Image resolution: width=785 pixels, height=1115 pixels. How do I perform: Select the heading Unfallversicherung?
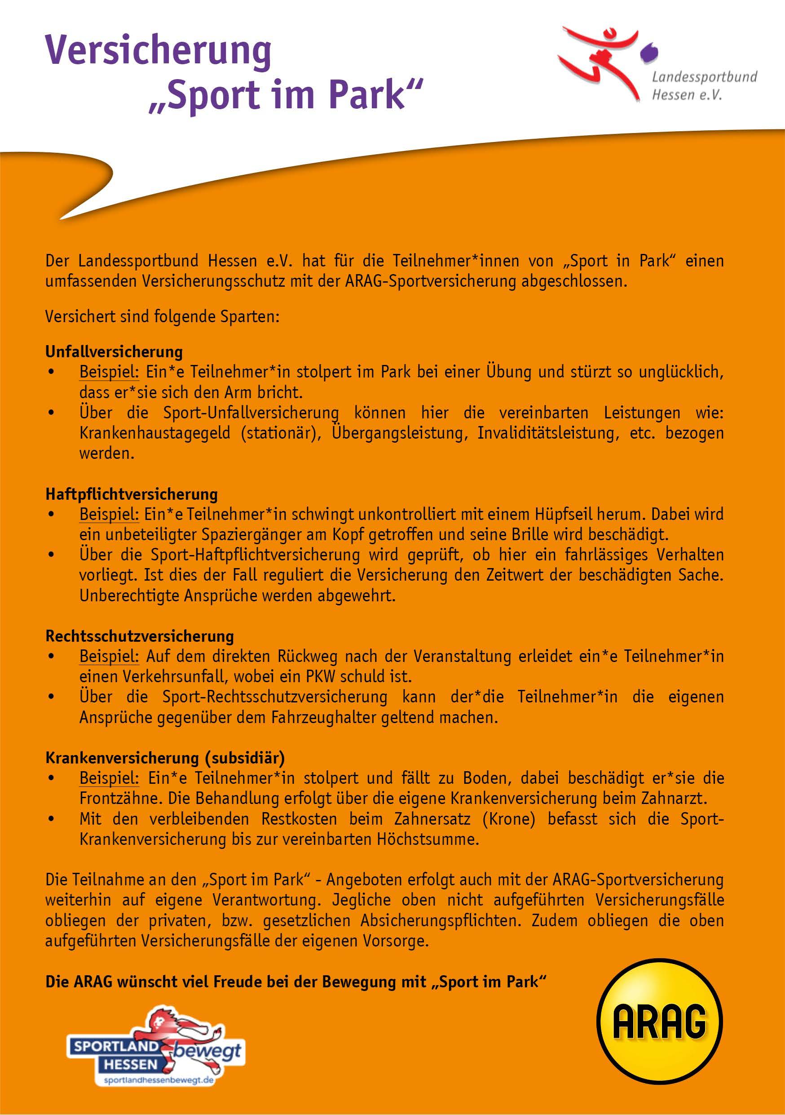click(114, 351)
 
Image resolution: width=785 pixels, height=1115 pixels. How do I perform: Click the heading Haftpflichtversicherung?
click(132, 494)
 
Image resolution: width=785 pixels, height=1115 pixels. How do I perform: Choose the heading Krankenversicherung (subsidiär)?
click(165, 758)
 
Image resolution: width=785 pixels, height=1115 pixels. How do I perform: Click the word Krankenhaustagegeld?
click(155, 433)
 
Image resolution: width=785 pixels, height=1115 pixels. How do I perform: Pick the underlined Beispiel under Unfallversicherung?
click(109, 372)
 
